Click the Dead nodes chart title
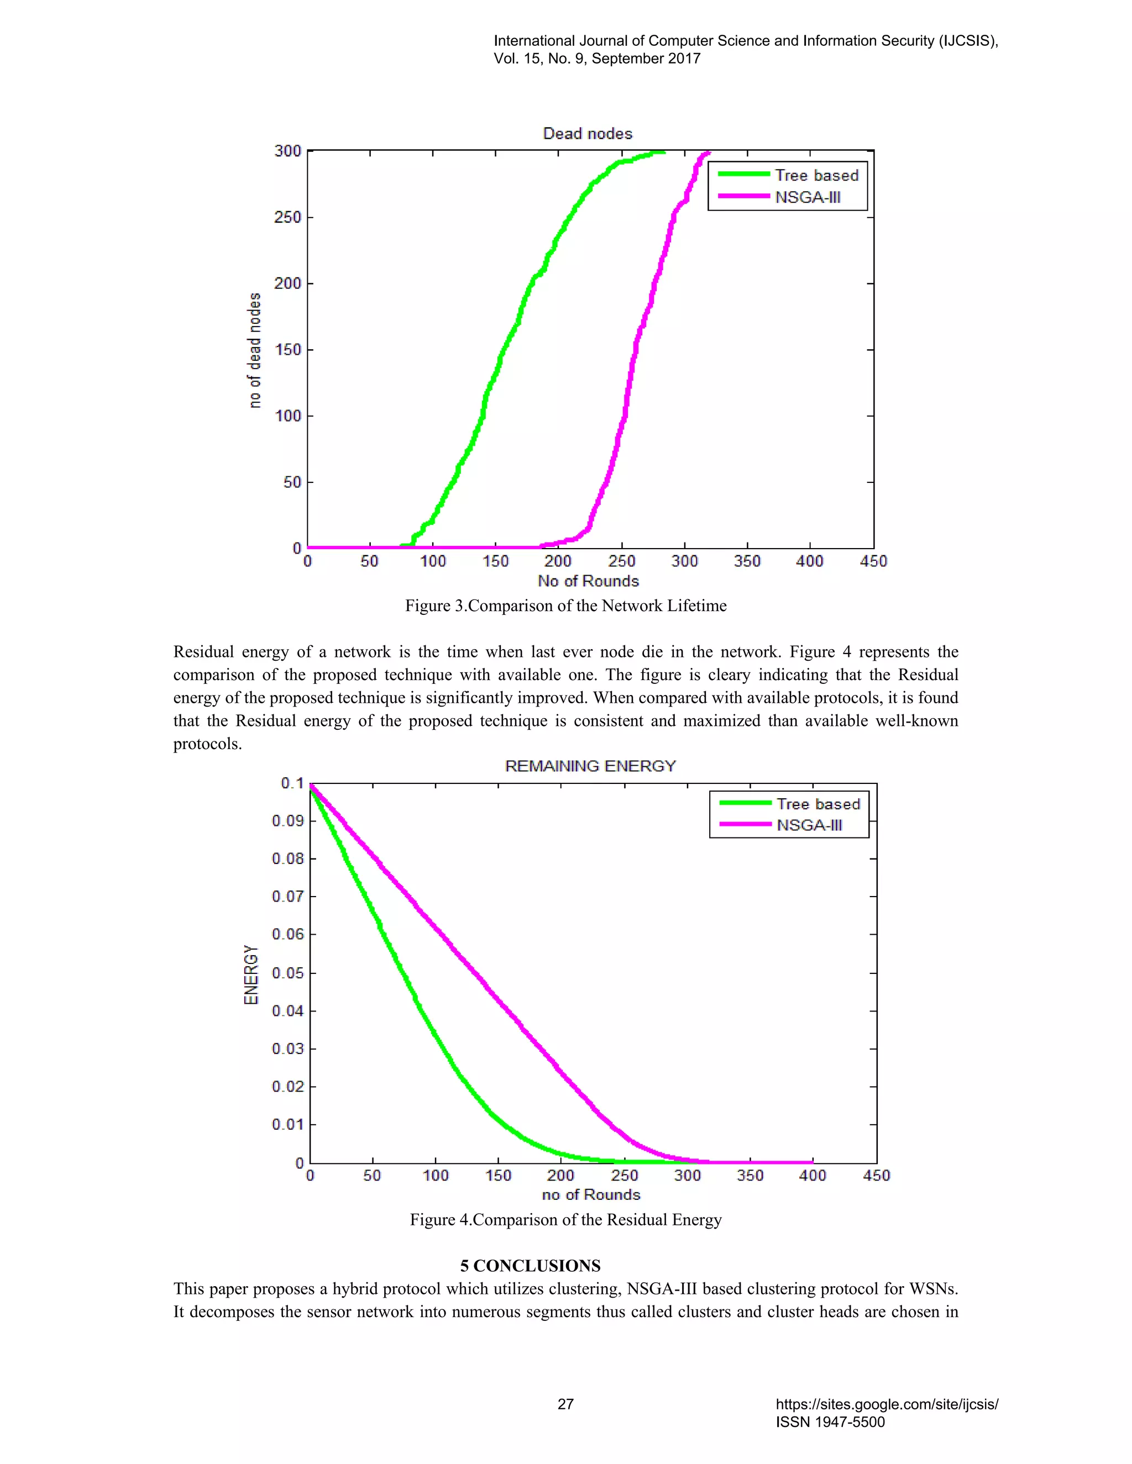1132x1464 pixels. click(588, 133)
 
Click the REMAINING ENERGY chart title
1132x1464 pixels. click(590, 766)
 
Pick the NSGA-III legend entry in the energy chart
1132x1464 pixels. click(809, 825)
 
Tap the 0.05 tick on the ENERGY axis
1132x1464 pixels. click(287, 973)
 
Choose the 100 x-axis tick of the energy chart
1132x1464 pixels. click(435, 1176)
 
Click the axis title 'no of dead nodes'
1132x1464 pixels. click(254, 350)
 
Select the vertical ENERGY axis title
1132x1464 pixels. click(251, 975)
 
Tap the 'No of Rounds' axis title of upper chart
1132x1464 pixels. click(588, 581)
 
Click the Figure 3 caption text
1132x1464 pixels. click(565, 606)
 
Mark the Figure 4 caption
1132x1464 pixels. click(565, 1220)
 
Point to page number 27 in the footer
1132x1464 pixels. click(565, 1404)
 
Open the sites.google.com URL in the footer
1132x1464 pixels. click(887, 1404)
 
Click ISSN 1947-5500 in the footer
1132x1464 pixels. click(830, 1422)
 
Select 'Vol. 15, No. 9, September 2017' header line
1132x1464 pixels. click(597, 59)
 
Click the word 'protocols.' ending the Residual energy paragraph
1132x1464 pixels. click(207, 744)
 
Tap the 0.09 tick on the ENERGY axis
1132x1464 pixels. click(287, 821)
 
